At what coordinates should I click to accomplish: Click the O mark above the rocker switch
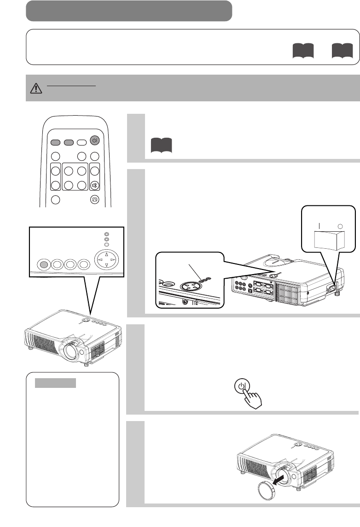[341, 226]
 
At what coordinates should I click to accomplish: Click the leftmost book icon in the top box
[303, 51]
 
